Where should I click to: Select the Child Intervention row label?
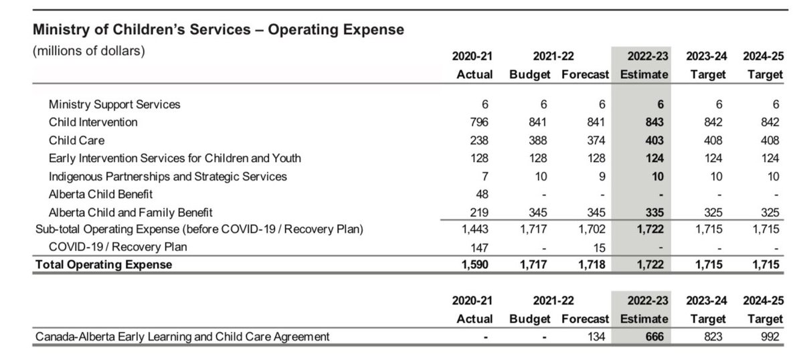(93, 122)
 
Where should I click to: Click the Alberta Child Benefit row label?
(100, 195)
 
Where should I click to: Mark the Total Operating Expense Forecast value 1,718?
(591, 264)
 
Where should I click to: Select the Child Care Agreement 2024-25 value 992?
(771, 337)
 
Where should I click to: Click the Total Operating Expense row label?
(103, 264)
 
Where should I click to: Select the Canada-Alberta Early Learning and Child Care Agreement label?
(182, 337)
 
